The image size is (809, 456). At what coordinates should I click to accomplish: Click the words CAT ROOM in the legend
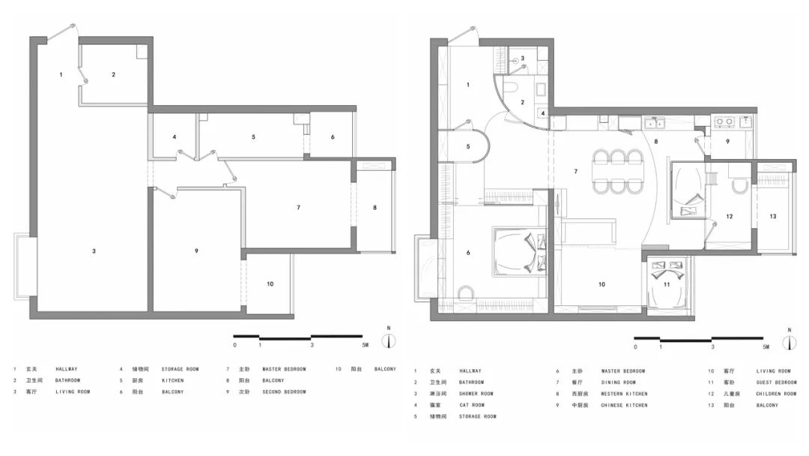tap(473, 405)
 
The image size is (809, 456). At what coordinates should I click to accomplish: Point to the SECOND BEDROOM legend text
tap(284, 391)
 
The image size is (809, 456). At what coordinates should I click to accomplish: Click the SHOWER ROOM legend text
tap(476, 394)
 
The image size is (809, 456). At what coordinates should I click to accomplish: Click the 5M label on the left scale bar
tap(365, 346)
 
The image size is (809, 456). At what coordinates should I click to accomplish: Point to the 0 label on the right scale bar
tap(635, 347)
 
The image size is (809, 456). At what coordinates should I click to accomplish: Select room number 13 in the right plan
tap(773, 217)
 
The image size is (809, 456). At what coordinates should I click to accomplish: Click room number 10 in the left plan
tap(270, 283)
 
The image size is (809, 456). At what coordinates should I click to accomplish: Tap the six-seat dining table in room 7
tap(619, 171)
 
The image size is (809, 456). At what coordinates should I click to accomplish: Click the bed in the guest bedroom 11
tap(666, 285)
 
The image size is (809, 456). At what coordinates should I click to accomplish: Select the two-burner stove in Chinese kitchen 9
tap(724, 120)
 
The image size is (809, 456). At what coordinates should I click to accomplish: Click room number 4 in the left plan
tap(174, 137)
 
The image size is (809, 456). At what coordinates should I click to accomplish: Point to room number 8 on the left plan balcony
tap(375, 207)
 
